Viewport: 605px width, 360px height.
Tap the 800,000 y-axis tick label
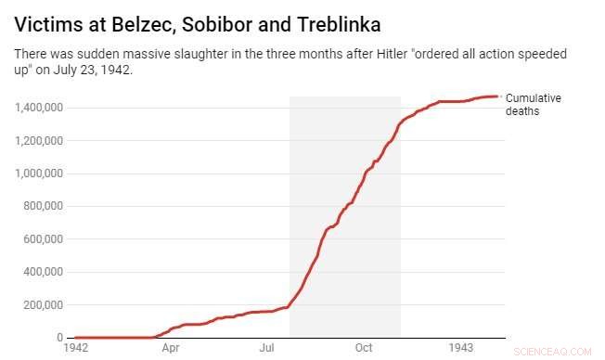pyautogui.click(x=43, y=206)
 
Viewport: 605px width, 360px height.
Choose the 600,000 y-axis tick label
pyautogui.click(x=43, y=238)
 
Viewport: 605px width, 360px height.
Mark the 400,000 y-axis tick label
pyautogui.click(x=43, y=272)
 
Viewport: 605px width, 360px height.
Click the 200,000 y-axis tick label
pyautogui.click(x=43, y=304)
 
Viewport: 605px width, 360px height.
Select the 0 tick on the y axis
pyautogui.click(x=59, y=338)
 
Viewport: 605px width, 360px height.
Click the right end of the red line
pyautogui.click(x=499, y=96)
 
